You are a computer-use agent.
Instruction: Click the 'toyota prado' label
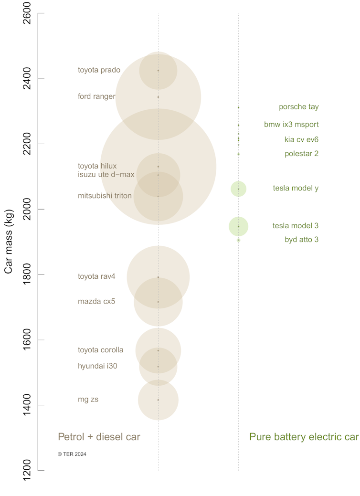click(99, 70)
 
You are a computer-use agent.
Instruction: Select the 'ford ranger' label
click(96, 97)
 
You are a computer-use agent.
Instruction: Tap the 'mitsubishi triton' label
click(105, 196)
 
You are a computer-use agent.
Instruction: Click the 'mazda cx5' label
click(96, 302)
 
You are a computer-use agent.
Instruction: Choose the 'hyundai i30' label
click(97, 366)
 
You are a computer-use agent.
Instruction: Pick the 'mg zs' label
click(88, 400)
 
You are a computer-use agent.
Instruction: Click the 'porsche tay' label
click(298, 107)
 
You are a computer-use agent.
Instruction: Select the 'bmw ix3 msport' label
click(291, 125)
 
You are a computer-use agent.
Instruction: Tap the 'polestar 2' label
click(301, 154)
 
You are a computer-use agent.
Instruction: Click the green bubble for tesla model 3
click(238, 226)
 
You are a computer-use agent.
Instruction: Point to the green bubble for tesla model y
click(238, 189)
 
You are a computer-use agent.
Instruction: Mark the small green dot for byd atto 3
click(238, 240)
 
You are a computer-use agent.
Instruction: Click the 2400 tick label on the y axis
click(27, 78)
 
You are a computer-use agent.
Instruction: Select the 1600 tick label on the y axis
click(27, 340)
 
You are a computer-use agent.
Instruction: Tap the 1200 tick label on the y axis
click(27, 471)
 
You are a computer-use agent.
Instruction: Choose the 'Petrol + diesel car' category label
click(99, 437)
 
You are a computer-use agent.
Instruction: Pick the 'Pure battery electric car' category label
click(304, 437)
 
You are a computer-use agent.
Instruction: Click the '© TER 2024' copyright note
click(72, 454)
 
